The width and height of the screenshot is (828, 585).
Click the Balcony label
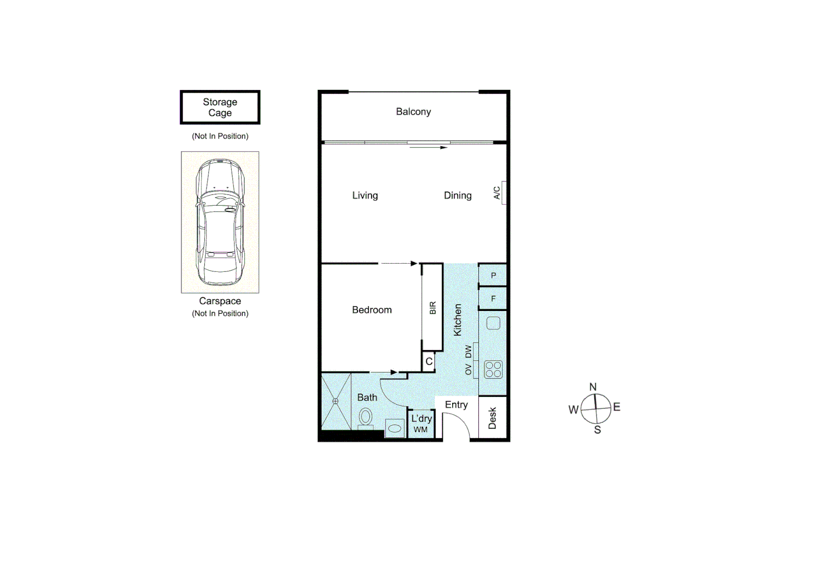point(413,112)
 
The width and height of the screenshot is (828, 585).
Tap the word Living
point(365,196)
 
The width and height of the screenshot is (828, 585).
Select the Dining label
point(458,196)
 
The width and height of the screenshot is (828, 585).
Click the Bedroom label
point(371,310)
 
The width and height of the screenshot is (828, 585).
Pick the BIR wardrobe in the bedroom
point(432,308)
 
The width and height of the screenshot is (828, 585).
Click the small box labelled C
point(429,361)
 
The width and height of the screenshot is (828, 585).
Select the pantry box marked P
point(493,275)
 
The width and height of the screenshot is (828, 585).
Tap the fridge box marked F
point(493,298)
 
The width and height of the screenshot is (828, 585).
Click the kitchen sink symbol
point(493,323)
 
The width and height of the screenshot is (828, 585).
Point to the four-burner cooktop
point(493,369)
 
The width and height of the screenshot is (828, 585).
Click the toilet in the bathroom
point(366,417)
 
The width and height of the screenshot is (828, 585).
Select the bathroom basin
point(395,428)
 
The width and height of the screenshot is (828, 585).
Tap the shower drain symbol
point(335,401)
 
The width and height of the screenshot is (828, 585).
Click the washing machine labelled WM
point(421,430)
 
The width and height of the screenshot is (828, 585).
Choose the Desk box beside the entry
point(492,418)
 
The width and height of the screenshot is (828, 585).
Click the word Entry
point(456,405)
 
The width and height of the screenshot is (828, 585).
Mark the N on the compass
point(593,387)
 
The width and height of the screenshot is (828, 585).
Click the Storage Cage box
point(220,107)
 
